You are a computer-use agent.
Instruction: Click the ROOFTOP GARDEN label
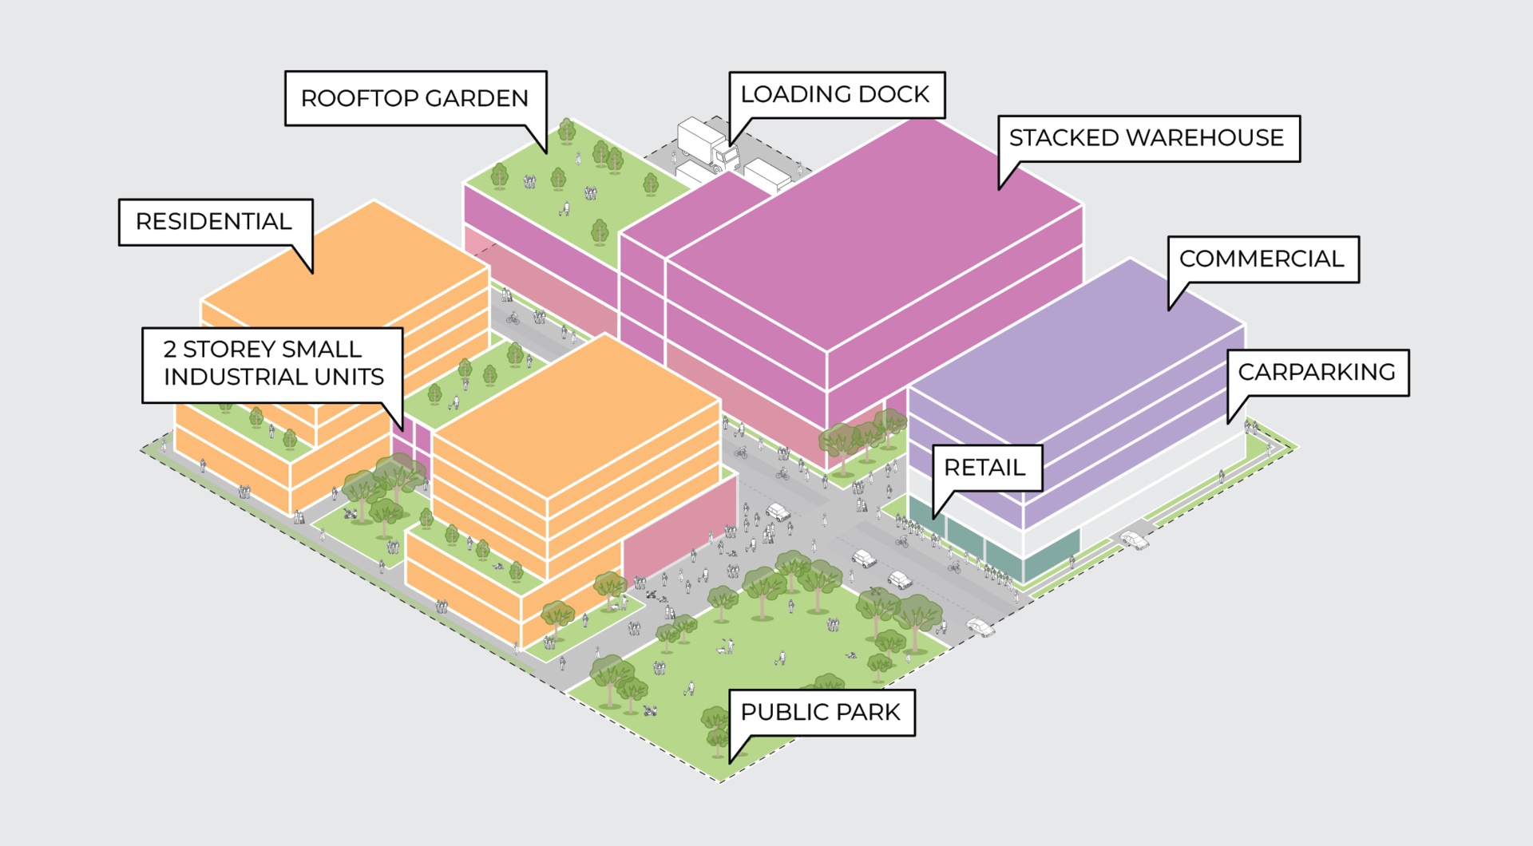point(415,98)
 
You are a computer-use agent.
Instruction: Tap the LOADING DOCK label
point(836,94)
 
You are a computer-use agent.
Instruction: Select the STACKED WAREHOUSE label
point(1147,138)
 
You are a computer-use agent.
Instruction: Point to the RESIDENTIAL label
point(214,221)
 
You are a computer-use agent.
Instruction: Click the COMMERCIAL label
point(1262,259)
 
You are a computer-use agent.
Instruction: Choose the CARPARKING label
point(1317,372)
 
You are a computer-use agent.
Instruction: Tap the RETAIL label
point(985,467)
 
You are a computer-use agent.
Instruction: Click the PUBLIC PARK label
point(821,712)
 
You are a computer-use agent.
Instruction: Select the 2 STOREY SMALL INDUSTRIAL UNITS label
point(273,363)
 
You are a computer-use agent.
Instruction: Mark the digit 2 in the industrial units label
point(170,349)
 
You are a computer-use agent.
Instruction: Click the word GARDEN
point(477,98)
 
